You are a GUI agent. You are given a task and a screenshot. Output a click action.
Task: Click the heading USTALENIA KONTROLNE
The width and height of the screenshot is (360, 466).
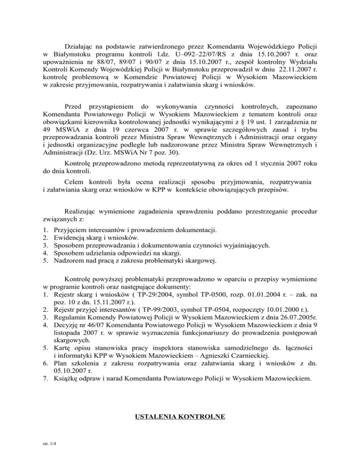click(180, 415)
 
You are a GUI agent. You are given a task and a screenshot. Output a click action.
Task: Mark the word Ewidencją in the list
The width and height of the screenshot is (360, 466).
click(71, 238)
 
